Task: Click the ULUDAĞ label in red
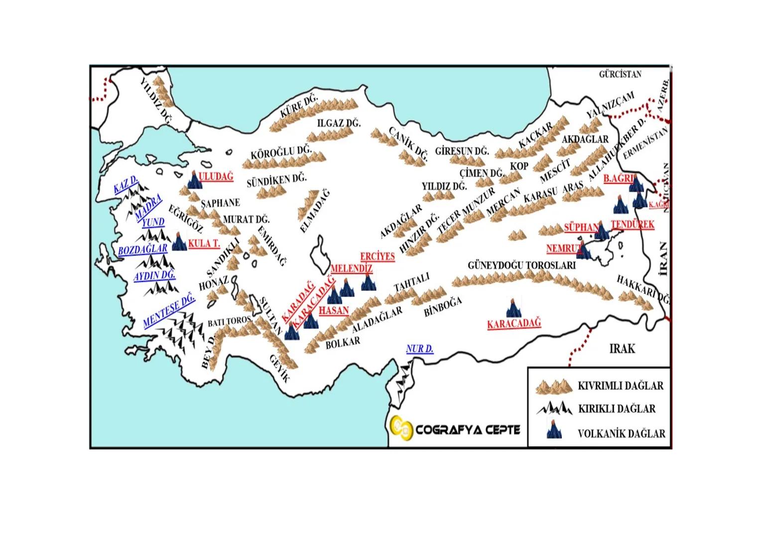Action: (216, 176)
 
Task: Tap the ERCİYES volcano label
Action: (377, 257)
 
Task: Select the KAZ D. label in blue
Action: (126, 185)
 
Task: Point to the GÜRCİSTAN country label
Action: (620, 74)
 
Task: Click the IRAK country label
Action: (622, 348)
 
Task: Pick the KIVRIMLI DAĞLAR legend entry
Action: (620, 386)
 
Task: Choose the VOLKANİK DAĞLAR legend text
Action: (621, 433)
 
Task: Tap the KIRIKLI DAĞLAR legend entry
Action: (617, 409)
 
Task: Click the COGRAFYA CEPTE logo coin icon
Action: (402, 428)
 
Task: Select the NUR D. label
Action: (419, 349)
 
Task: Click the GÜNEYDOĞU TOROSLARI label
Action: (521, 266)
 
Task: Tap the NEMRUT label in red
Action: (564, 248)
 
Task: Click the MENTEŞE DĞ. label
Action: (169, 310)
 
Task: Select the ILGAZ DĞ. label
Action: (339, 123)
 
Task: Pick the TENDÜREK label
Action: (633, 224)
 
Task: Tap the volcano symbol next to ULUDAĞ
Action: (195, 180)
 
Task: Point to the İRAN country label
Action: (662, 258)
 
